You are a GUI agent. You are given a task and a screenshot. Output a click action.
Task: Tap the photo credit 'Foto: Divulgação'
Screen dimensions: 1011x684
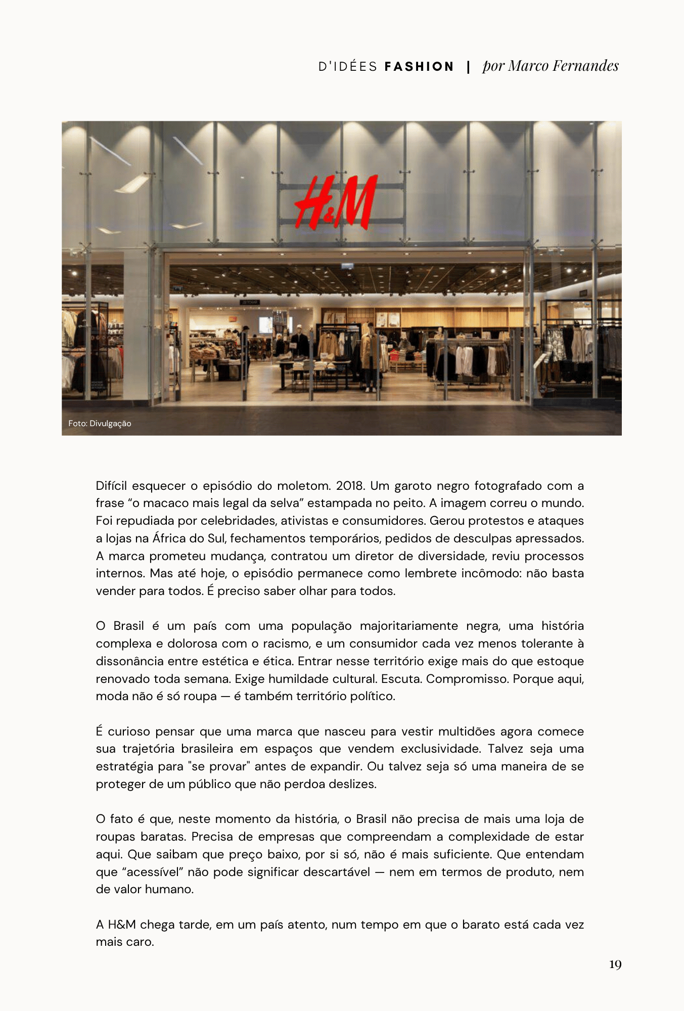100,424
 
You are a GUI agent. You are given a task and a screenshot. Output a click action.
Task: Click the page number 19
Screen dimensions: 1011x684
615,964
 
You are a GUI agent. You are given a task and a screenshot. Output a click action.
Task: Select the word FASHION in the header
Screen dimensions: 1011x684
419,67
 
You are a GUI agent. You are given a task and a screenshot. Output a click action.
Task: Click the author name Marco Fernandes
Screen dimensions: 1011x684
564,66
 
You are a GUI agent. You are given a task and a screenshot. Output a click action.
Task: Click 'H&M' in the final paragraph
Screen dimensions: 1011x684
121,925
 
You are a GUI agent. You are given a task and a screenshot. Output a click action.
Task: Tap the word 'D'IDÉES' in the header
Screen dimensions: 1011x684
348,67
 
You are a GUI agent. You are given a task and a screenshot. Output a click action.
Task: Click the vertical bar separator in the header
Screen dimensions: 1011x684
469,67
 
